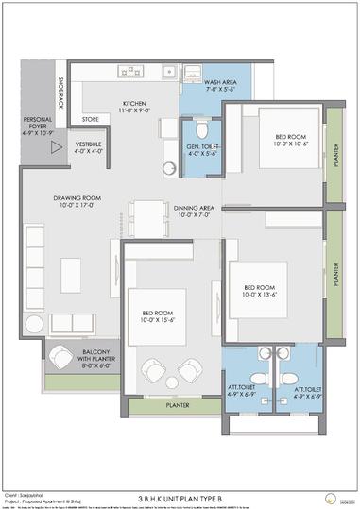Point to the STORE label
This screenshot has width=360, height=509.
[x=91, y=119]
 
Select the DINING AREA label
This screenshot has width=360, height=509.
[x=194, y=212]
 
